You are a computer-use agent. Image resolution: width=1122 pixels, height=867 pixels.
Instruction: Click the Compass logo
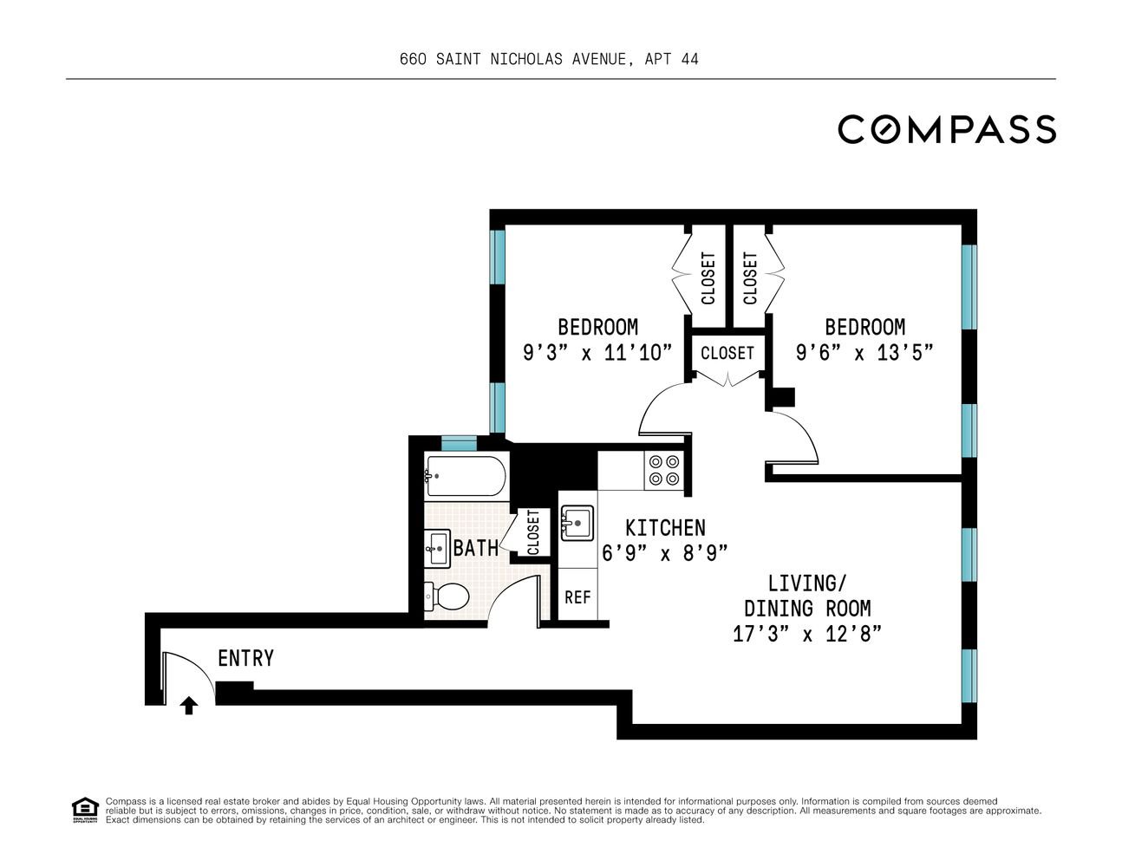click(947, 129)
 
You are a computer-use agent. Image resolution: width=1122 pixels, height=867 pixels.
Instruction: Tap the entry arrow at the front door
click(189, 706)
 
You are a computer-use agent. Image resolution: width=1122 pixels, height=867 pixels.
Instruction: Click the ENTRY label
click(245, 659)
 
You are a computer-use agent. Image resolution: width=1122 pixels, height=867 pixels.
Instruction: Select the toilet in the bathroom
click(447, 597)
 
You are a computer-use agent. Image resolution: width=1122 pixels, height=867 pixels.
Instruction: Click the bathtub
click(466, 476)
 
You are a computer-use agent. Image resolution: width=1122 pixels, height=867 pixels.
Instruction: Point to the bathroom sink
click(437, 549)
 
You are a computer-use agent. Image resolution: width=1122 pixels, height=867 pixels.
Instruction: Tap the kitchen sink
click(577, 524)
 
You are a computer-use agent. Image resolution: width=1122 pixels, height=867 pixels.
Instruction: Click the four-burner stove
click(664, 470)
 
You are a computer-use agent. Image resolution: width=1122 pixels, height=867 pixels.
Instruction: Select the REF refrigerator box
click(577, 597)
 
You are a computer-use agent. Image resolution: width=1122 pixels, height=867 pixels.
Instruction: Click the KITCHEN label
click(665, 528)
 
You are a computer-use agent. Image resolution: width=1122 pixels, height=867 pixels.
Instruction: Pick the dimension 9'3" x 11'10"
click(597, 354)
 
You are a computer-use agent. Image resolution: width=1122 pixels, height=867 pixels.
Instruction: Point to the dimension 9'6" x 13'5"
click(864, 354)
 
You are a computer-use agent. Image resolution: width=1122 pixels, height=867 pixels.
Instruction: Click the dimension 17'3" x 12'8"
click(807, 634)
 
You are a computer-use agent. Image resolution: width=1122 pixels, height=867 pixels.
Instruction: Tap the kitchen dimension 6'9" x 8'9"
click(665, 553)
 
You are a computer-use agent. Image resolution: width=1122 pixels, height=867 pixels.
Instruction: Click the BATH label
click(475, 548)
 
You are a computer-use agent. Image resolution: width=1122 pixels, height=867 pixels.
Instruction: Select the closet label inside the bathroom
click(533, 532)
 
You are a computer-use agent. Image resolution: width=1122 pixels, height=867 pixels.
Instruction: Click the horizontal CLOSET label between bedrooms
click(727, 354)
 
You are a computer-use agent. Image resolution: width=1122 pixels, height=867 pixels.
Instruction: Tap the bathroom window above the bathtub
click(459, 443)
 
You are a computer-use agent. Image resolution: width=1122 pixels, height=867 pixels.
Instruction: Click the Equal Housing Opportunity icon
click(85, 811)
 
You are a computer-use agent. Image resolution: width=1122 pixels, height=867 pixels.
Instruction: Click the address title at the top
click(549, 59)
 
